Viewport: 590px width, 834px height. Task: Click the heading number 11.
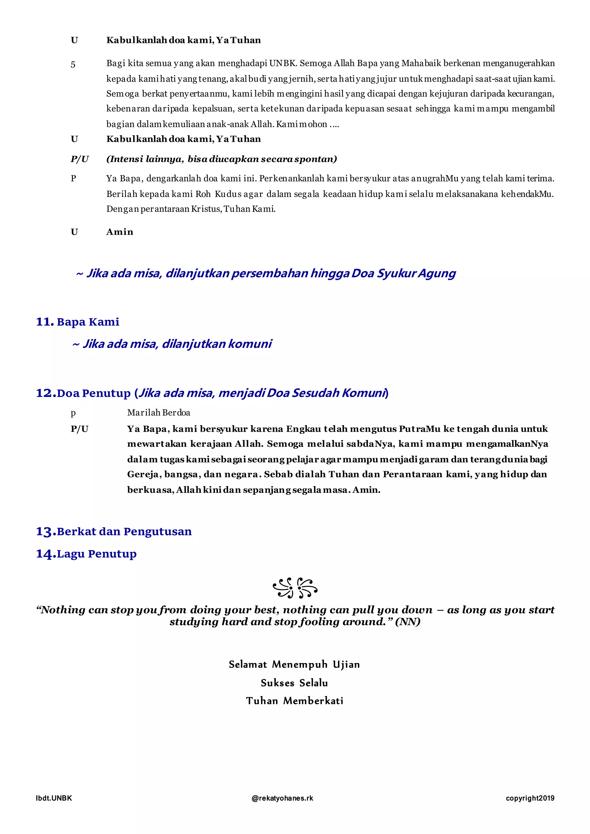45,322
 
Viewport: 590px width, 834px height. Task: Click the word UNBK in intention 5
283,64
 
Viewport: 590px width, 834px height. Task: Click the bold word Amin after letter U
120,232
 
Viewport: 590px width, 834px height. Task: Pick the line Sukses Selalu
294,683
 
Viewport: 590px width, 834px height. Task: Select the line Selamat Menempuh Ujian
294,664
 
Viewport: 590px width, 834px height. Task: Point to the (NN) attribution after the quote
408,622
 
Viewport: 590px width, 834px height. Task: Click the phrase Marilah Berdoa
158,413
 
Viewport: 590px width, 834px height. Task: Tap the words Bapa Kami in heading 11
88,322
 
